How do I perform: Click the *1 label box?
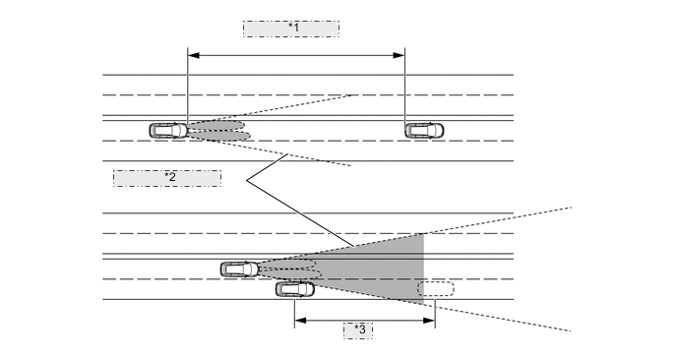pyautogui.click(x=291, y=29)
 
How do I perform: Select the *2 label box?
pyautogui.click(x=167, y=178)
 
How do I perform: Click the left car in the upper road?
pyautogui.click(x=168, y=130)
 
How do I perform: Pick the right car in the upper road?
pyautogui.click(x=424, y=130)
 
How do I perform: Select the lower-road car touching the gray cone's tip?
pyautogui.click(x=240, y=269)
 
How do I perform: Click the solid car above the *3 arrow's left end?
pyautogui.click(x=295, y=289)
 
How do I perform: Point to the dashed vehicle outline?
pyautogui.click(x=435, y=289)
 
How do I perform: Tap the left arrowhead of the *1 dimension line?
pyautogui.click(x=191, y=55)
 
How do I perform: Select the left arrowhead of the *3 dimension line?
pyautogui.click(x=299, y=320)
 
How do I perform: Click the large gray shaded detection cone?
pyautogui.click(x=384, y=266)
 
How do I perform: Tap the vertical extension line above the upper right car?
pyautogui.click(x=405, y=89)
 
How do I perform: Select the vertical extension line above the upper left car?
pyautogui.click(x=186, y=89)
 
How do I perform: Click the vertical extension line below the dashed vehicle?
pyautogui.click(x=435, y=310)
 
